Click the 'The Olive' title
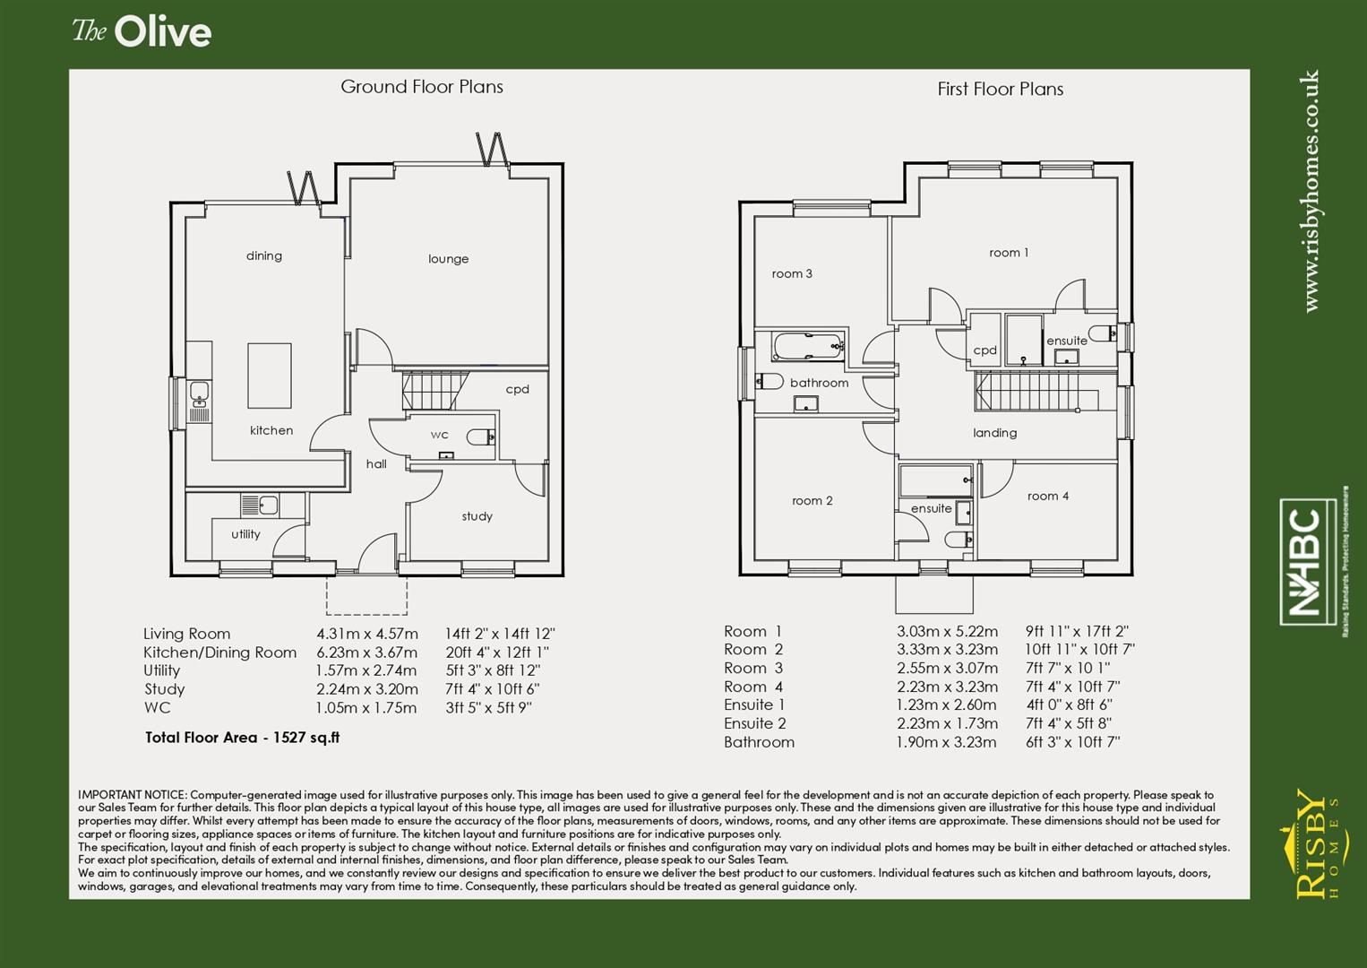142,32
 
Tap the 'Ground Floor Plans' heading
421,87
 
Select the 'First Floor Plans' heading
1000,89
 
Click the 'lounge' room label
448,259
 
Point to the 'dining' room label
264,256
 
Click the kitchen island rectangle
270,376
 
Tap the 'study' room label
477,516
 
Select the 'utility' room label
245,534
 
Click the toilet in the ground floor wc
480,437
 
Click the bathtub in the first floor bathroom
807,346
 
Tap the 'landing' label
994,433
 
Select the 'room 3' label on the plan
792,274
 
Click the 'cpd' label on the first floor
984,350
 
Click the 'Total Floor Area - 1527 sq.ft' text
242,738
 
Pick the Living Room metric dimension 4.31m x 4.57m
366,634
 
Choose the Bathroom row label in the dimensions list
759,742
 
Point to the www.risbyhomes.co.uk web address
1311,191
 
